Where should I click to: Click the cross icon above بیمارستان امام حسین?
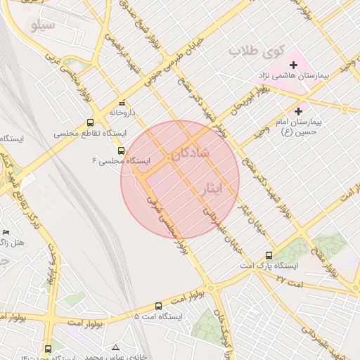(299, 110)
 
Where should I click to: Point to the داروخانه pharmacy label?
(126, 112)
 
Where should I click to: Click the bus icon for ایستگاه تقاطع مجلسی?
(90, 123)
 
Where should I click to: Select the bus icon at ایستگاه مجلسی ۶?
(121, 150)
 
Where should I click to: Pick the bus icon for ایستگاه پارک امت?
(269, 256)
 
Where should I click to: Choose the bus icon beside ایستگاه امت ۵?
(158, 307)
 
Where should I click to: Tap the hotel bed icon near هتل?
(6, 232)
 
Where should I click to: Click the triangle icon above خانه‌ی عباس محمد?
(115, 348)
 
